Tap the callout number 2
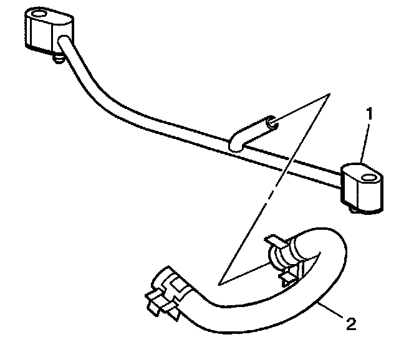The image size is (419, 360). pyautogui.click(x=351, y=323)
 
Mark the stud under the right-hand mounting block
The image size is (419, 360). pyautogui.click(x=356, y=210)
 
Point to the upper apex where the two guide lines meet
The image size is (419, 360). pyautogui.click(x=329, y=94)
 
